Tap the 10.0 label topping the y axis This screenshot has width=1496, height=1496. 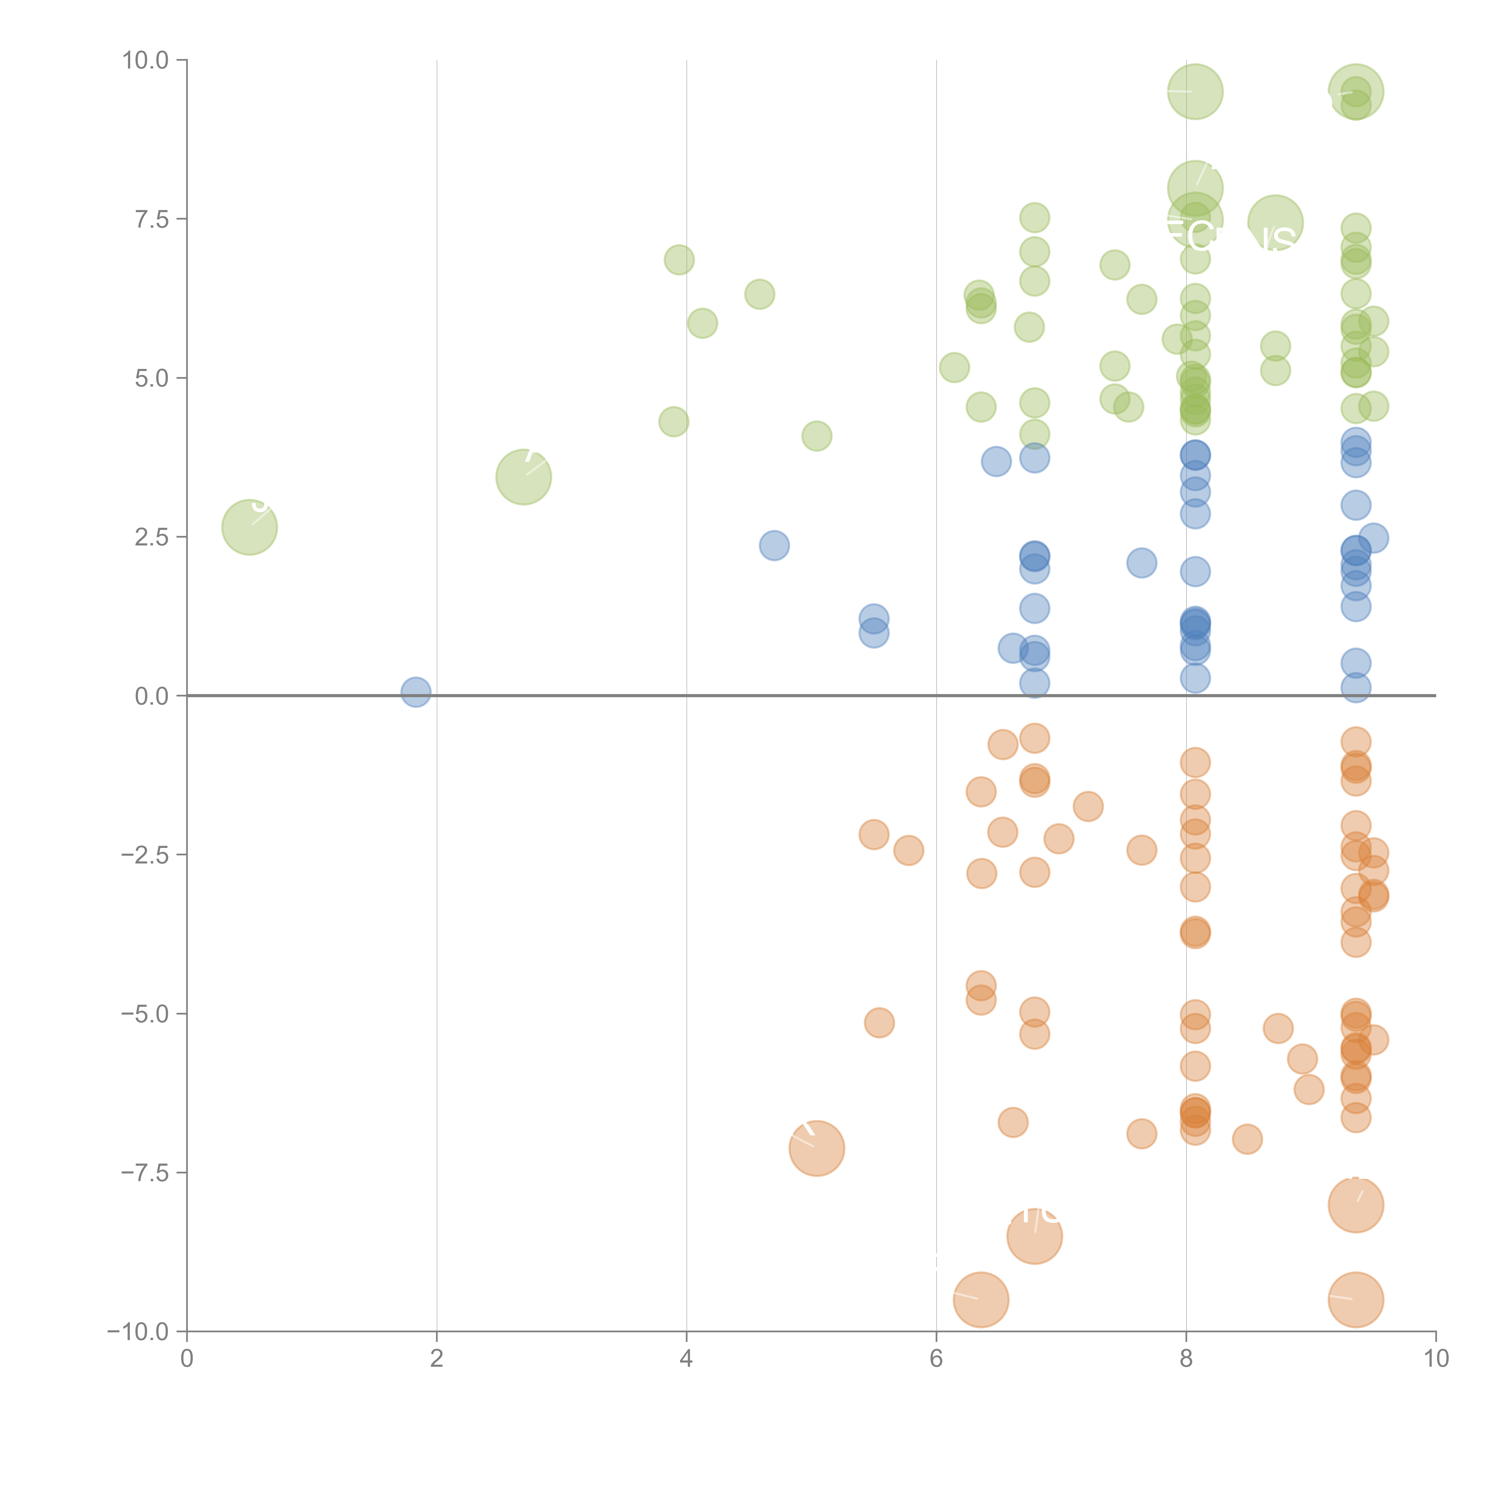pos(146,60)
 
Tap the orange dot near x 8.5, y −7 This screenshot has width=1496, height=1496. pos(1247,1139)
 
